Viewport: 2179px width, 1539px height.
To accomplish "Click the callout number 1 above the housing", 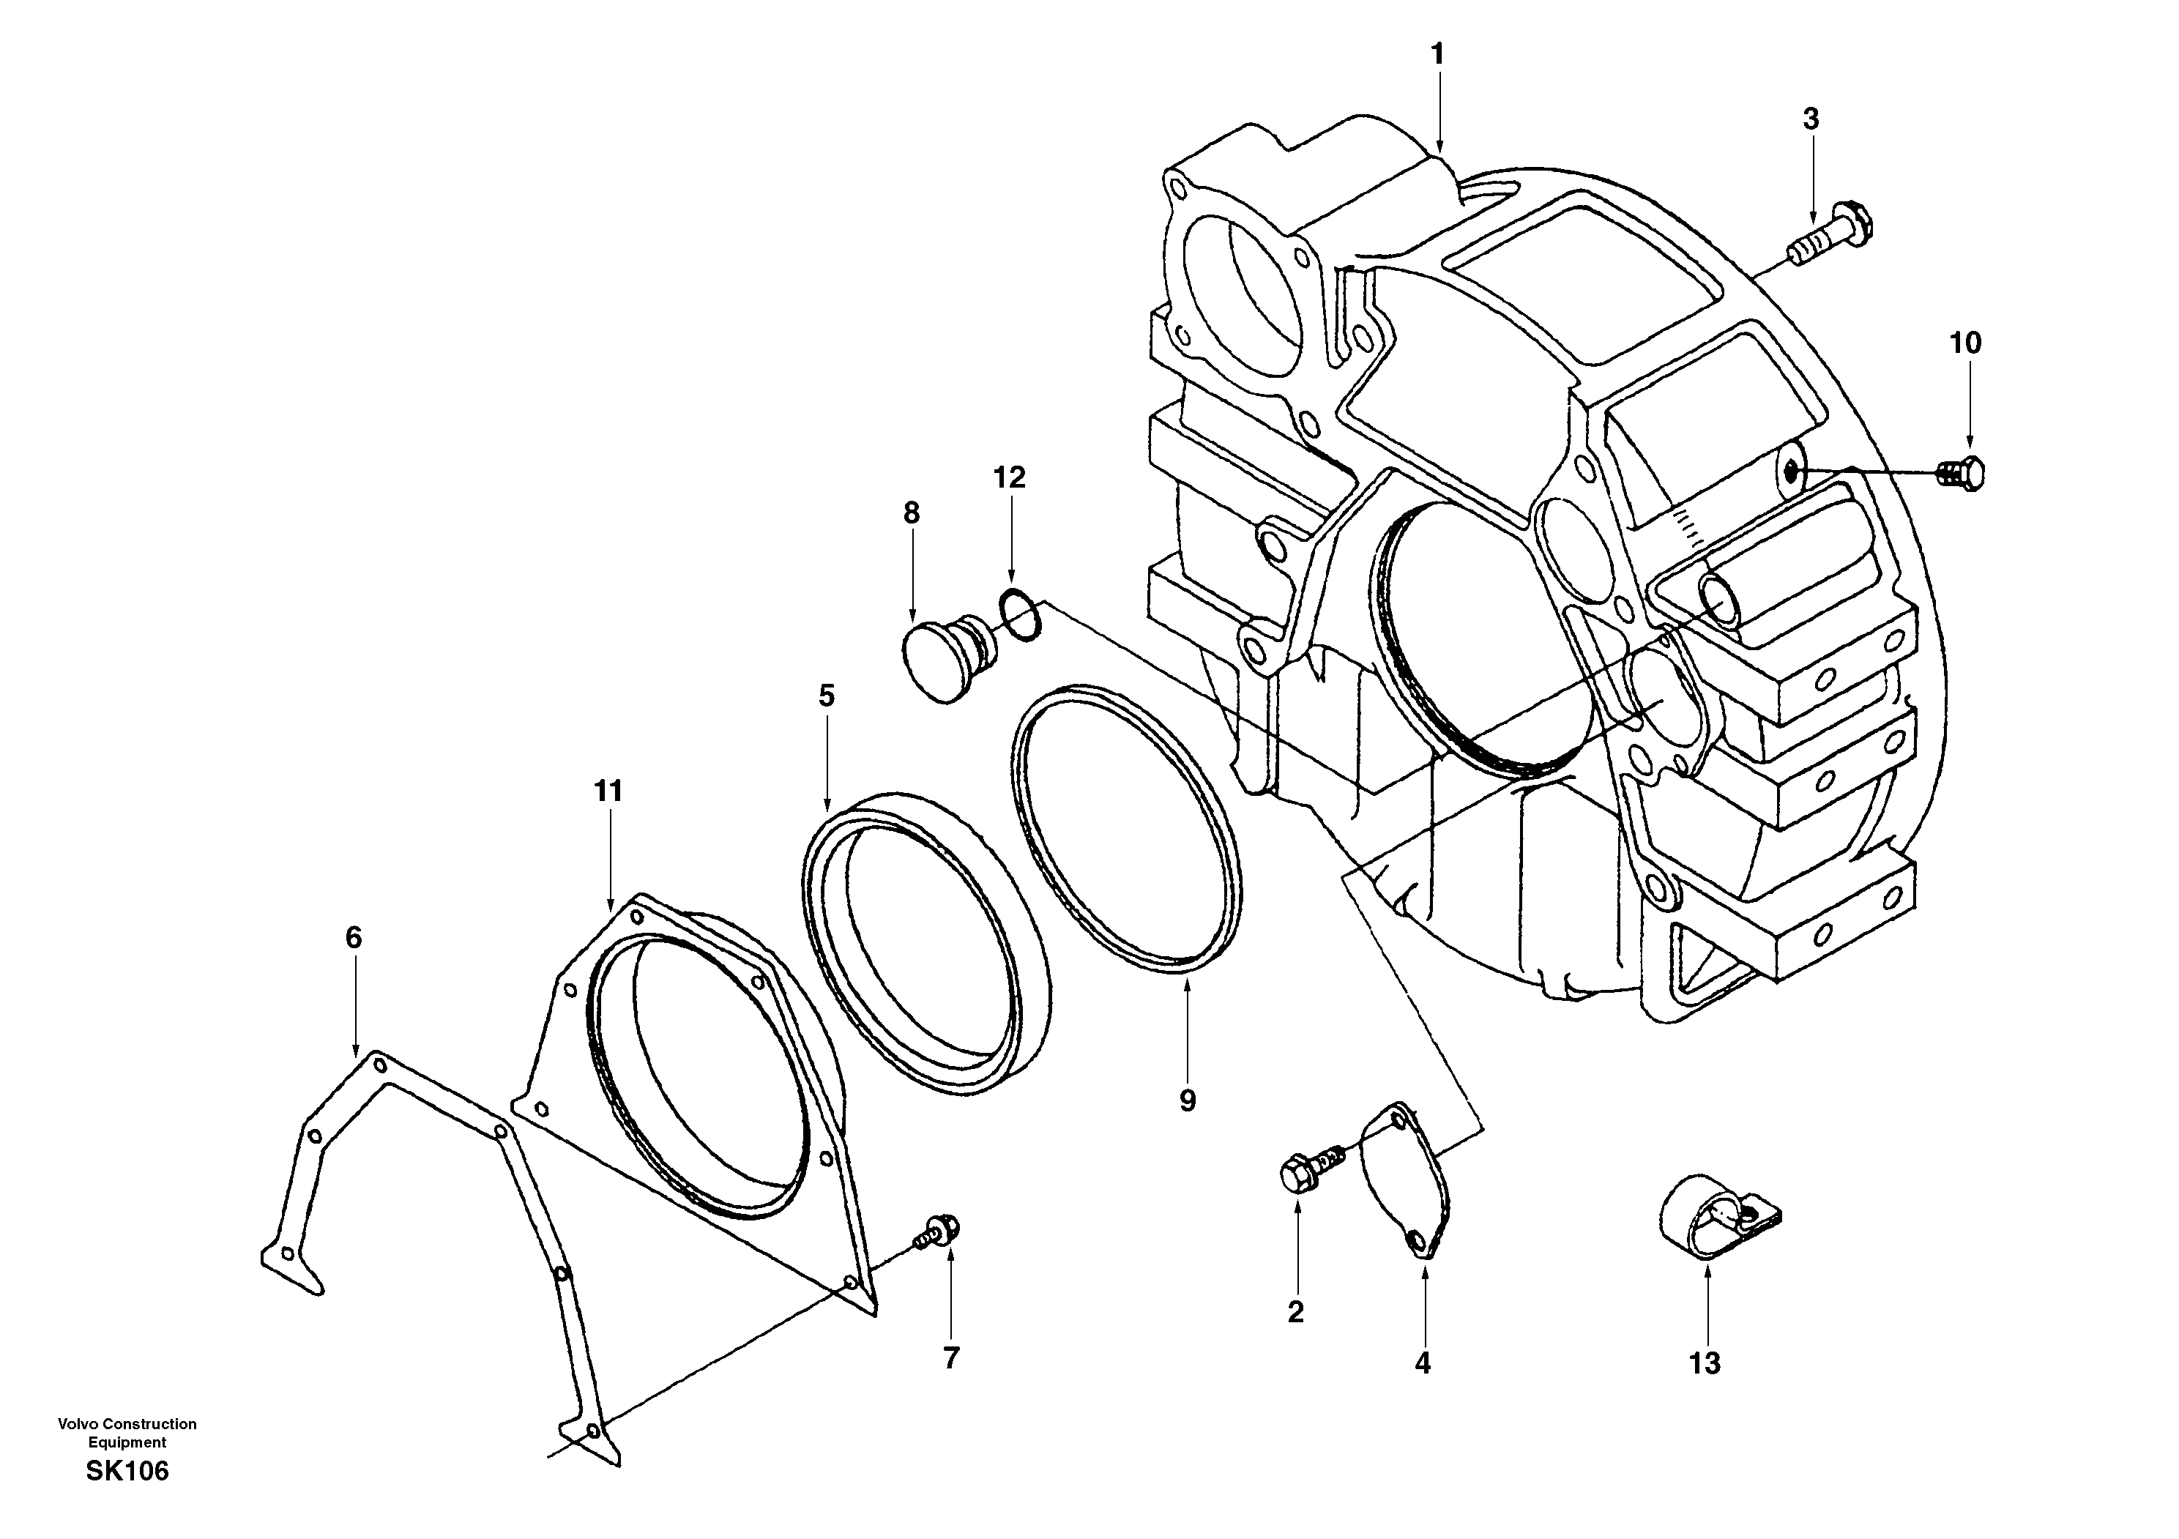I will [x=1438, y=55].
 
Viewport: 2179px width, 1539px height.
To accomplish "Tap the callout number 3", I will [x=1811, y=119].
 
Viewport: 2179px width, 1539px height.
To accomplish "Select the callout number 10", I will [x=1965, y=343].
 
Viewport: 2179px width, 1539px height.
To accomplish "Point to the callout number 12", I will [x=1010, y=477].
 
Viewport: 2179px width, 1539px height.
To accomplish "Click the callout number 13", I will [x=1705, y=1363].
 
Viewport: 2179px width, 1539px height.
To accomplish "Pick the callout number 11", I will [x=608, y=791].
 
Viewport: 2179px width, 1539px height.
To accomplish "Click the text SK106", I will [x=127, y=1472].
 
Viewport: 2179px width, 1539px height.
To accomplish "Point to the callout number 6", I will [x=353, y=937].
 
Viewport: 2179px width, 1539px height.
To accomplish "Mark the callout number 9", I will [x=1188, y=1100].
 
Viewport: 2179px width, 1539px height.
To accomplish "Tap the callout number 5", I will [x=827, y=696].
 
